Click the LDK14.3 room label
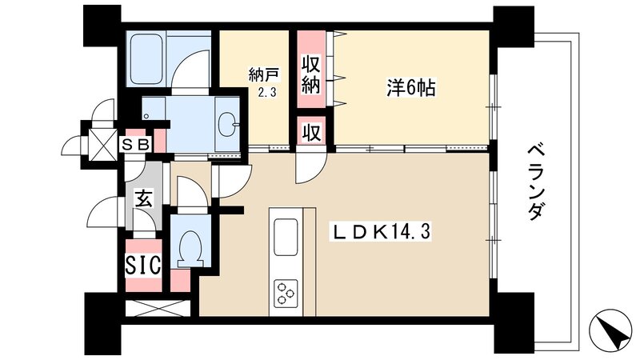pos(389,232)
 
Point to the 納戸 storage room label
pos(262,77)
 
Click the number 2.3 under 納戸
pos(266,94)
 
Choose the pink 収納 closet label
pos(312,74)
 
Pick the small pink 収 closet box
pos(311,132)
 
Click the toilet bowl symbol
pos(191,247)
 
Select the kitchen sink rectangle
pos(286,235)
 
